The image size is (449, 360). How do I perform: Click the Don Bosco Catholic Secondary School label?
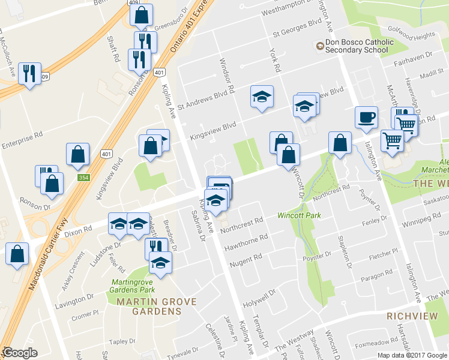pyautogui.click(x=359, y=46)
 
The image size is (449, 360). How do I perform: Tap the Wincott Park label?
pyautogui.click(x=299, y=215)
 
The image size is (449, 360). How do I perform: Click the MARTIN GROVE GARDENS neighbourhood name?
pyautogui.click(x=149, y=306)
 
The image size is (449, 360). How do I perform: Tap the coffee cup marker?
pyautogui.click(x=365, y=118)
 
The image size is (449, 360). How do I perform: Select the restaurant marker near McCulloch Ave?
pyautogui.click(x=29, y=74)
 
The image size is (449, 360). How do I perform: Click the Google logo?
pyautogui.click(x=20, y=353)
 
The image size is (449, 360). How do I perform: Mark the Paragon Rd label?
pyautogui.click(x=376, y=272)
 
